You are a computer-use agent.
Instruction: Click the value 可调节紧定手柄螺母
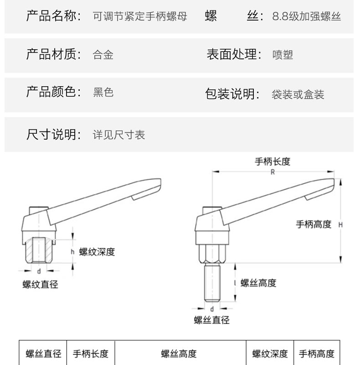(x=140, y=17)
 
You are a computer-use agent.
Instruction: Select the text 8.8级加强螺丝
(x=306, y=17)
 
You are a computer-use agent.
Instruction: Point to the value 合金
(x=103, y=55)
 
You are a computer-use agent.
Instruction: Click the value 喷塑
(x=283, y=55)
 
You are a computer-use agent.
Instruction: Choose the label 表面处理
(x=234, y=54)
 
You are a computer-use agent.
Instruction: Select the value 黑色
(x=103, y=93)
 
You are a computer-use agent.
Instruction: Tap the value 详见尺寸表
(x=119, y=135)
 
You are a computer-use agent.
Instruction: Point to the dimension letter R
(x=272, y=172)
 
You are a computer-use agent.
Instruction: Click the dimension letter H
(x=340, y=224)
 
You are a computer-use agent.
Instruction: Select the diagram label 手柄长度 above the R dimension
(x=273, y=162)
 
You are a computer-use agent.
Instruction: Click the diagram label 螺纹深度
(x=97, y=252)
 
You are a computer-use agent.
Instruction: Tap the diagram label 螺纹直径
(x=41, y=285)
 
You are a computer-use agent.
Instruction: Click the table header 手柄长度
(x=91, y=354)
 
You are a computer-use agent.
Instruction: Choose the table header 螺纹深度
(x=270, y=354)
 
